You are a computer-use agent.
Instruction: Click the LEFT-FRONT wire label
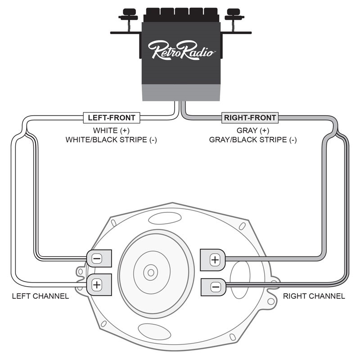[112, 118]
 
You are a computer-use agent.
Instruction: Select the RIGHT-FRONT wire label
[250, 118]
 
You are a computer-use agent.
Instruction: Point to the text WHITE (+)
[111, 130]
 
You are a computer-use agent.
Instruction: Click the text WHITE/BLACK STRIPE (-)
[111, 140]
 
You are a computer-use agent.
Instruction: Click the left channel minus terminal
[97, 259]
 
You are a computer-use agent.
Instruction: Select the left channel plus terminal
[97, 284]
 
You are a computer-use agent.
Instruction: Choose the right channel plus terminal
[215, 259]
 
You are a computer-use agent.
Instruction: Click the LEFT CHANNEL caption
[40, 296]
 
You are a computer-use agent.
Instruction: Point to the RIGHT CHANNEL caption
[314, 296]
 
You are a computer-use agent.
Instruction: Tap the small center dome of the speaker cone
[150, 272]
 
